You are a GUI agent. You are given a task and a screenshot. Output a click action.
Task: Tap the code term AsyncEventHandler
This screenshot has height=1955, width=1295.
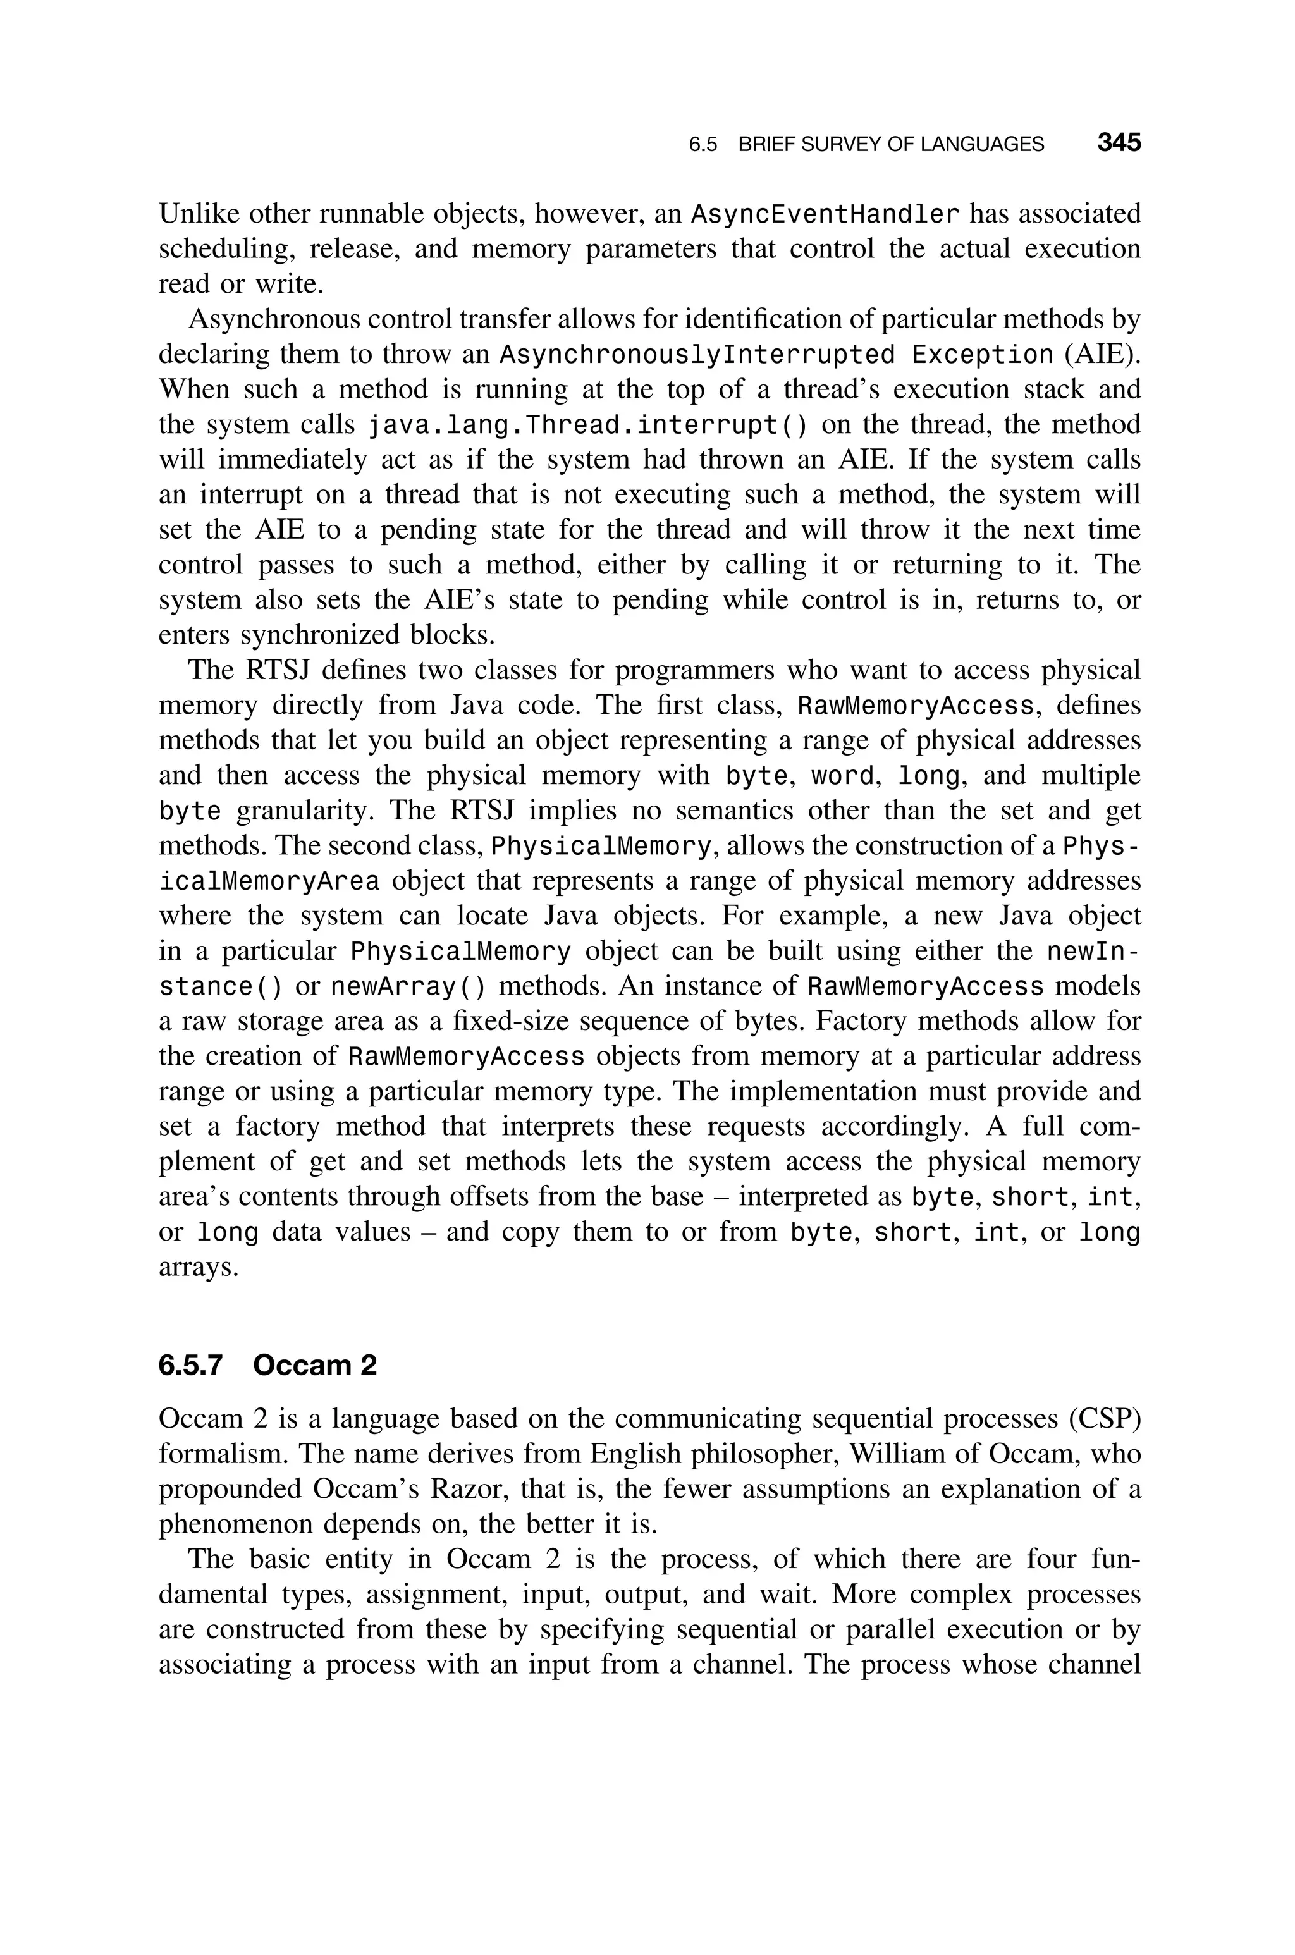[x=825, y=214]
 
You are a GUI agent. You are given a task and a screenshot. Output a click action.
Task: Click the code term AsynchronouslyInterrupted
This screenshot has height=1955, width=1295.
[x=698, y=355]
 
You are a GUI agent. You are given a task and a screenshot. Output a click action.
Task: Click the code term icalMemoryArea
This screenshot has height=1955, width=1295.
[x=269, y=882]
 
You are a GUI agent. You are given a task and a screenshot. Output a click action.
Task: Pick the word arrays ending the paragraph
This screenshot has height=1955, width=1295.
[x=198, y=1267]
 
